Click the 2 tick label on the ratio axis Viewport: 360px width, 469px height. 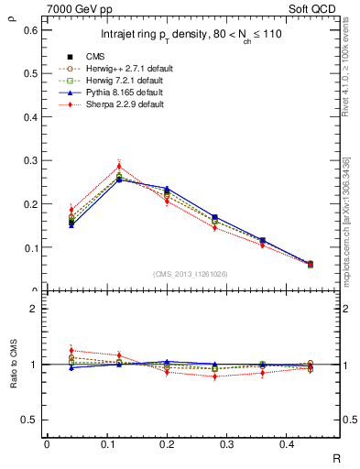tap(33, 309)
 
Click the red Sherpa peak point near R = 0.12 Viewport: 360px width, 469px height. tap(119, 166)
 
